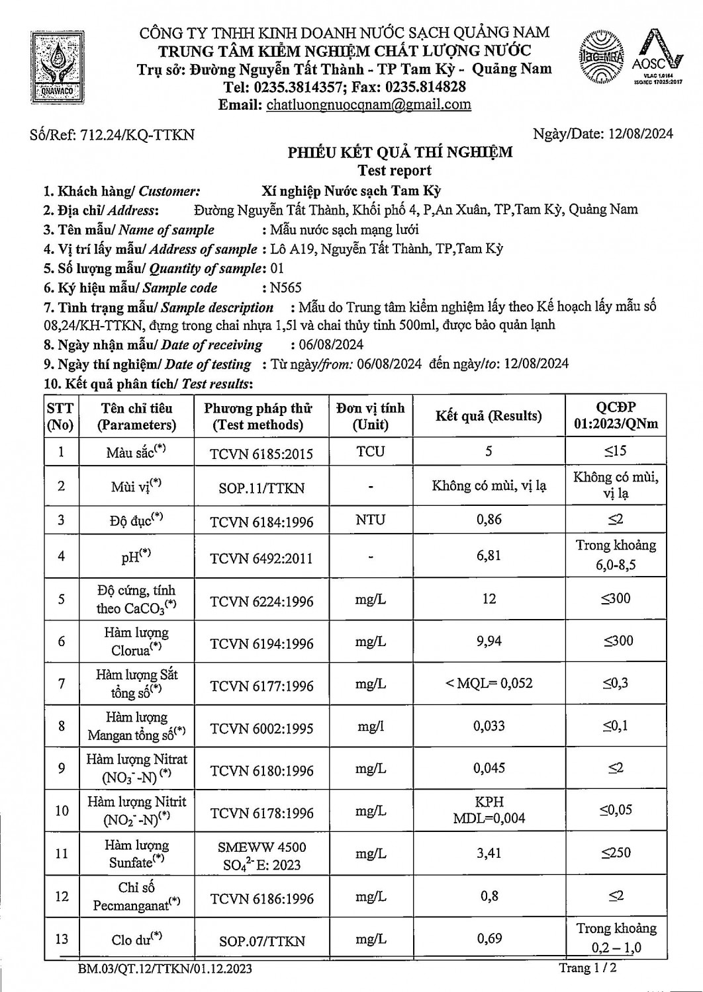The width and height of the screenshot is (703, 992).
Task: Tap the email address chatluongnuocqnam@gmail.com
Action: coord(368,104)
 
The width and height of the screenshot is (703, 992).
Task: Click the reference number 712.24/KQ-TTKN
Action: coord(137,135)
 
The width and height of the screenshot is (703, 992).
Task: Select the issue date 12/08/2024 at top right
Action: coord(639,134)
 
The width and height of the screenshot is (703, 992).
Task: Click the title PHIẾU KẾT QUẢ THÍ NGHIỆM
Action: coord(400,152)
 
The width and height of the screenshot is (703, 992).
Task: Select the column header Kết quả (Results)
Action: coord(489,416)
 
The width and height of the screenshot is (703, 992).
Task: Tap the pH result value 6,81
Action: coord(489,556)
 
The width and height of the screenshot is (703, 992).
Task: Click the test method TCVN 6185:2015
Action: coord(261,454)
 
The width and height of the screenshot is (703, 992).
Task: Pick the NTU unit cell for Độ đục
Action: coord(370,520)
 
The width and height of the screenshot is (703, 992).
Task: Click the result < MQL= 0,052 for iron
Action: coord(489,683)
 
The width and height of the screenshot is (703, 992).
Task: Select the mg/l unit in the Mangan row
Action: coord(370,726)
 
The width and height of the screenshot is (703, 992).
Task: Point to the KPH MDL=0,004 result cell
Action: coord(489,810)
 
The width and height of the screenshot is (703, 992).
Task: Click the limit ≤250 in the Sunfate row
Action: coord(616,852)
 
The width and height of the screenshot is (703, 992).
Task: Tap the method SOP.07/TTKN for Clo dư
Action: coord(261,940)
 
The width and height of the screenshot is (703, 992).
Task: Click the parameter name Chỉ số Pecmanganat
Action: coord(136,897)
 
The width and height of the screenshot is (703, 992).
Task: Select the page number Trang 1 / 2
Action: coord(588,968)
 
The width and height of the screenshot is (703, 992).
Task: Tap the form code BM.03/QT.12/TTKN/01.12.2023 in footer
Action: coord(164,970)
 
